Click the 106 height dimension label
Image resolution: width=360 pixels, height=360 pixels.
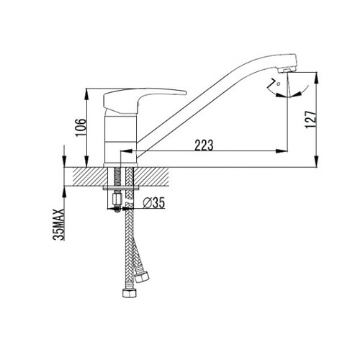(x=81, y=127)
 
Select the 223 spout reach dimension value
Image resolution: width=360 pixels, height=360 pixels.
(x=204, y=145)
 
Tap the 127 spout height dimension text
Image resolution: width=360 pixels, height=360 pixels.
(x=311, y=120)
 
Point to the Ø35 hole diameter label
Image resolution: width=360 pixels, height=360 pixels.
(x=154, y=203)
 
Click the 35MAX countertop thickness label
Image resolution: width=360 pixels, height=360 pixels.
(x=58, y=225)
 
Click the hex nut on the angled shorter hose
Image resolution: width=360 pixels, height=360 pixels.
(x=141, y=276)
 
